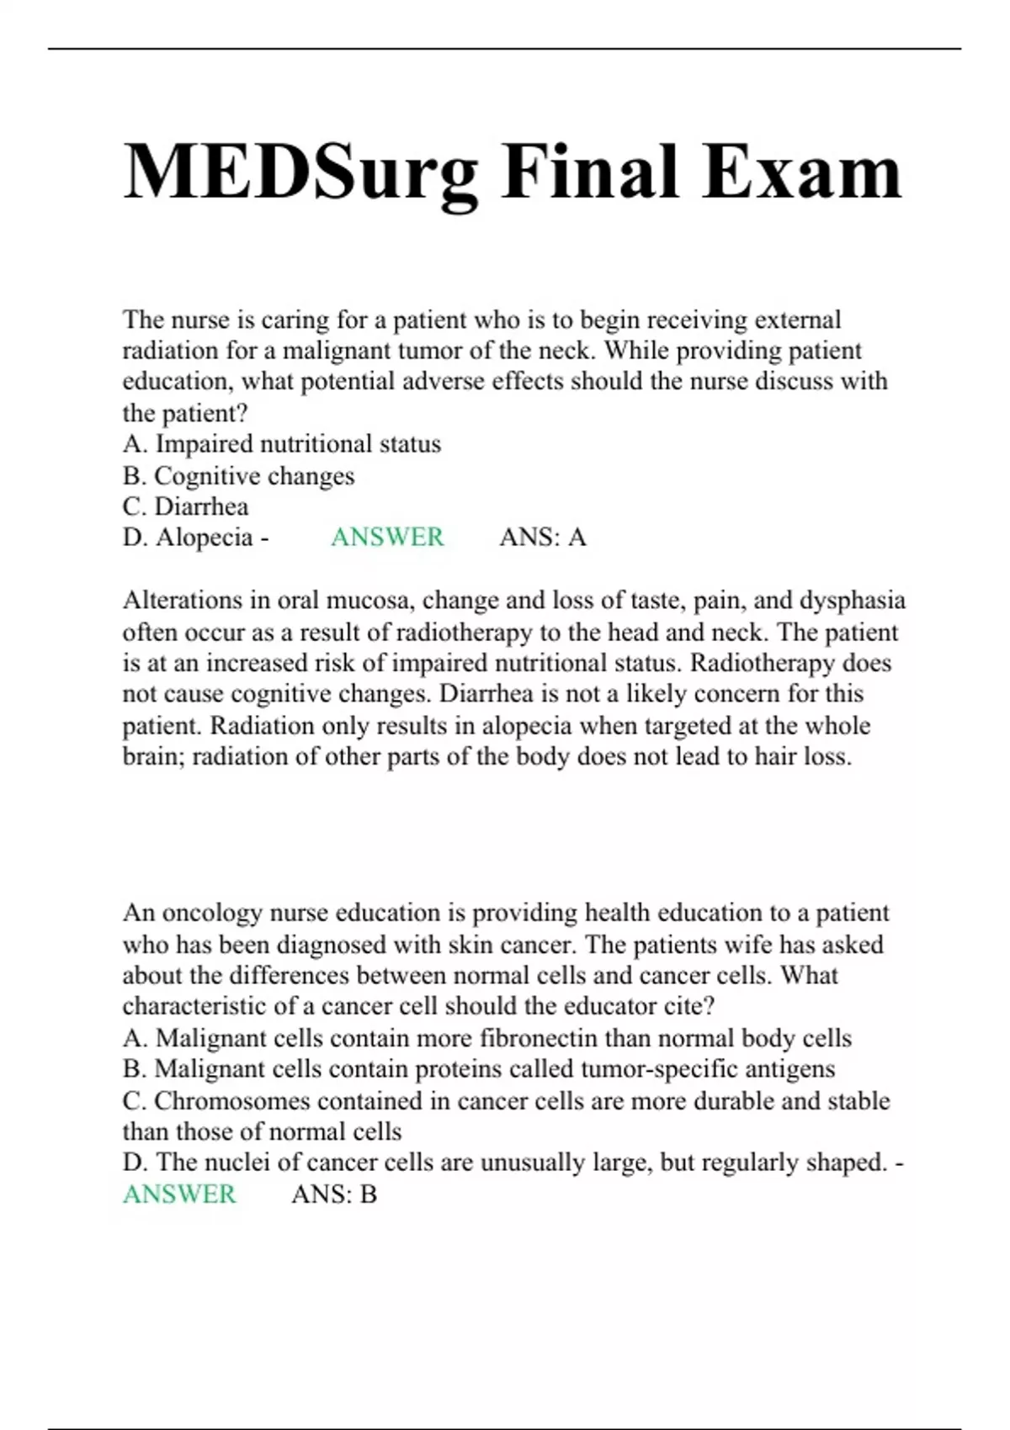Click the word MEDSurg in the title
tap(300, 172)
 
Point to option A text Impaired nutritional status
tap(298, 444)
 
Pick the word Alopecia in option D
tap(204, 538)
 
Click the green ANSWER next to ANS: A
tap(387, 538)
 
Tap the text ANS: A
tap(543, 538)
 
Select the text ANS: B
tap(334, 1194)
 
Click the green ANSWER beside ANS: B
tap(179, 1194)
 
